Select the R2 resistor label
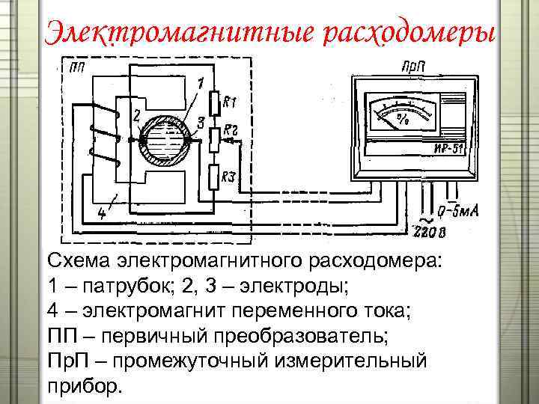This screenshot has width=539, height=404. (230, 130)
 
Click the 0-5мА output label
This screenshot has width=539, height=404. (458, 212)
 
